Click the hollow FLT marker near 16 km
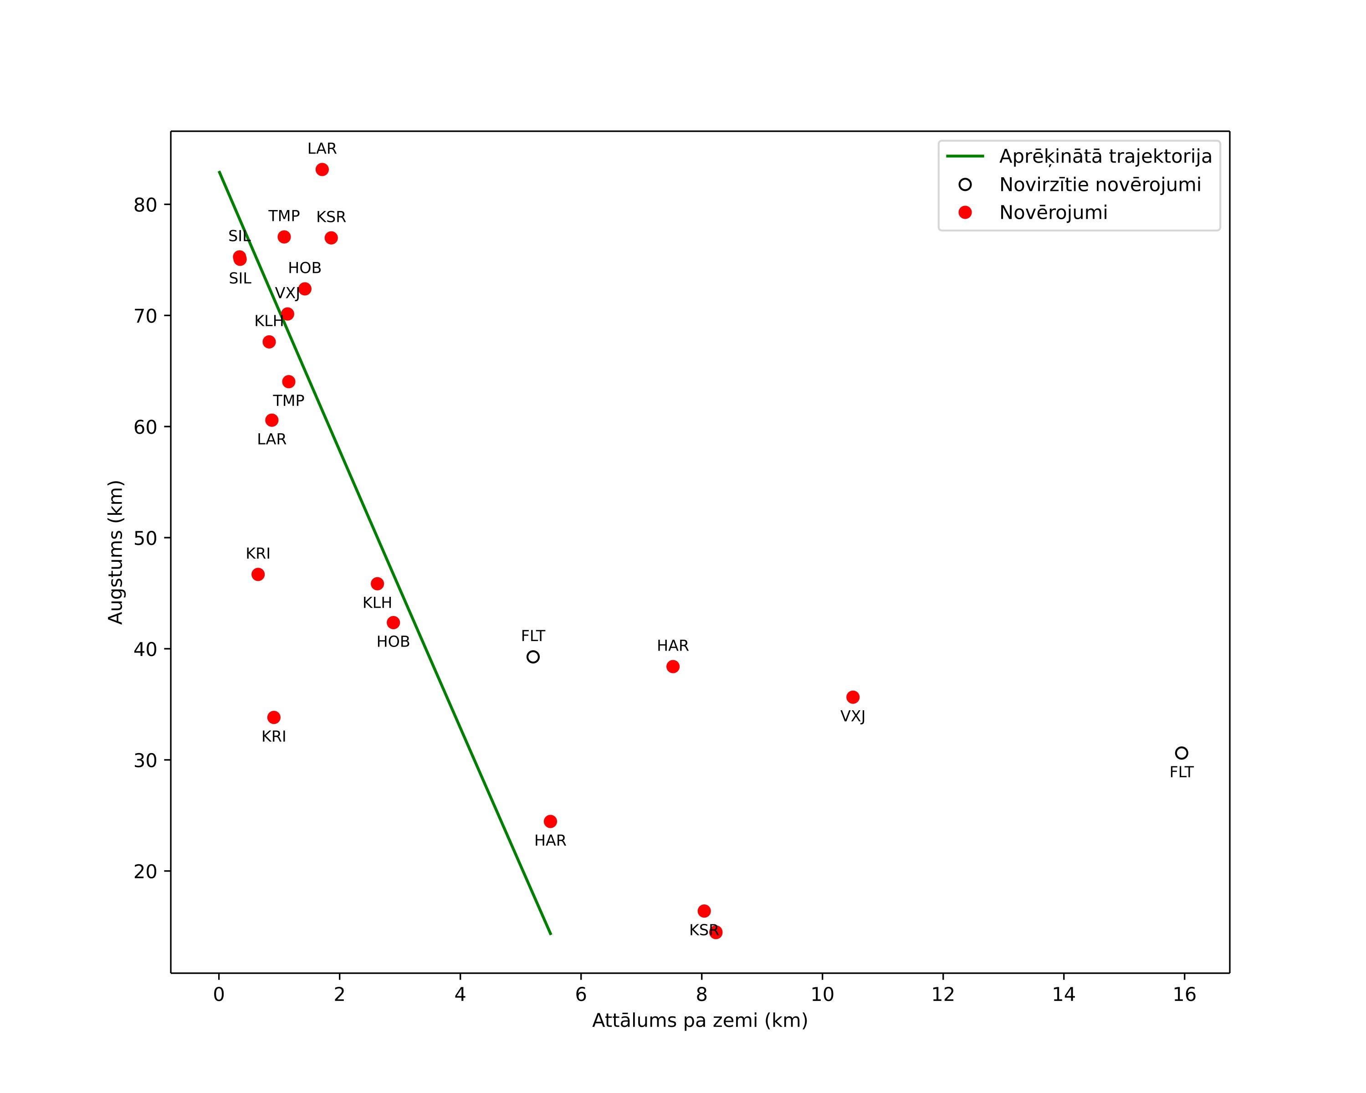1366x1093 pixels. click(1181, 753)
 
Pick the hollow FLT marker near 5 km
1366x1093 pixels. click(533, 657)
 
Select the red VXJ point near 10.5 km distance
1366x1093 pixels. click(853, 697)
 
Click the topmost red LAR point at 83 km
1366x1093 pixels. click(322, 169)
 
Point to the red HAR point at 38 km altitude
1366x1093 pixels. click(673, 667)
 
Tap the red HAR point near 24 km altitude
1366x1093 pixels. click(550, 821)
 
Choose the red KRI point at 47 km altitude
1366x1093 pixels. click(258, 574)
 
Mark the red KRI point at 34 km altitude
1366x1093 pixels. click(274, 717)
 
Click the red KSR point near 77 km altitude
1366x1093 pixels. click(331, 238)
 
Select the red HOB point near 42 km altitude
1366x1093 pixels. click(393, 622)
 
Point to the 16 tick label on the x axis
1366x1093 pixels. click(1184, 994)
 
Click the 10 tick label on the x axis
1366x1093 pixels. click(823, 994)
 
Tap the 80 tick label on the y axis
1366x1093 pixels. click(145, 205)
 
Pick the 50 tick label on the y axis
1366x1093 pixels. click(145, 538)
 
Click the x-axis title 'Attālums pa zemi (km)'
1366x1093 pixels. click(700, 1021)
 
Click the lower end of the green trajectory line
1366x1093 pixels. click(551, 934)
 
